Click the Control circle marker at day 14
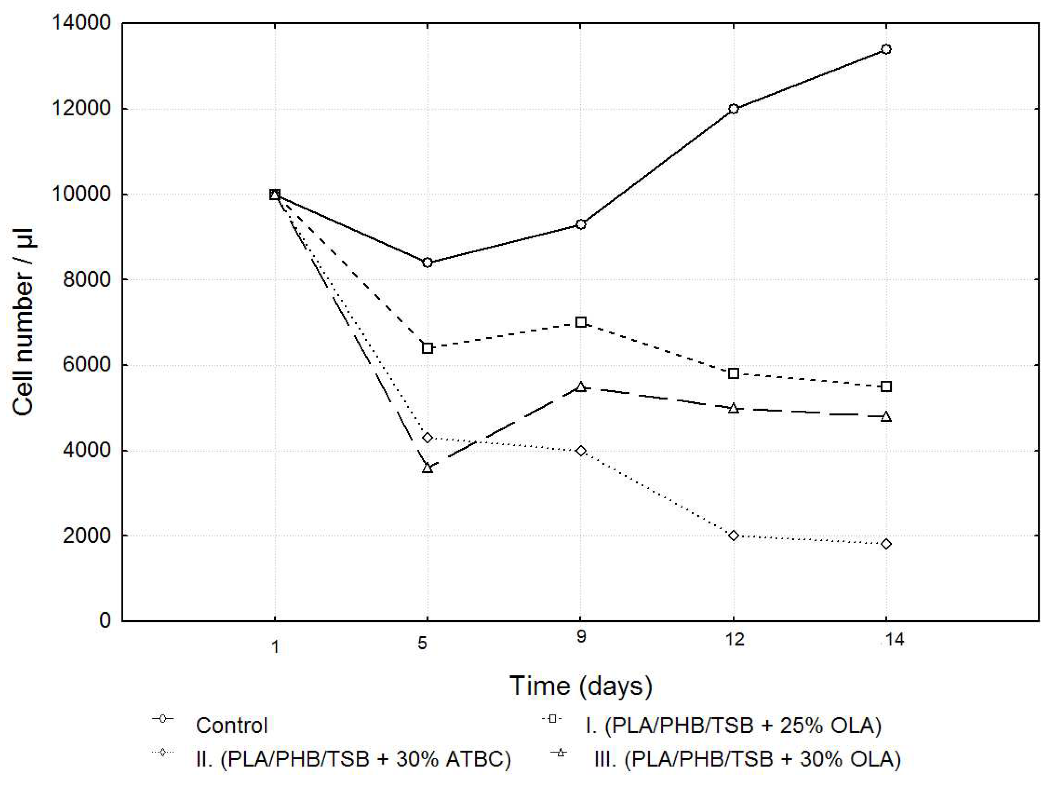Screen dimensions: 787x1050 click(886, 50)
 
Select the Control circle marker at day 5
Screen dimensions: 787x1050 click(427, 263)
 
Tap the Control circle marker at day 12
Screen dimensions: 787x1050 click(733, 109)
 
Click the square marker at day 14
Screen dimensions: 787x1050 click(886, 387)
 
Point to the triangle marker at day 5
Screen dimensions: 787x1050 click(427, 468)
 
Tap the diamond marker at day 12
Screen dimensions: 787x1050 click(733, 536)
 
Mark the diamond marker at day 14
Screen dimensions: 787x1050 click(886, 544)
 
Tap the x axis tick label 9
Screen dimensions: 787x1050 click(581, 637)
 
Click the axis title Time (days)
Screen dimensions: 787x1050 click(581, 686)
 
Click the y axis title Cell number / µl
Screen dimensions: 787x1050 click(23, 322)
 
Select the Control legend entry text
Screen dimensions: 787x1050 click(232, 726)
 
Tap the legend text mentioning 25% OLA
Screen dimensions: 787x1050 click(733, 726)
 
